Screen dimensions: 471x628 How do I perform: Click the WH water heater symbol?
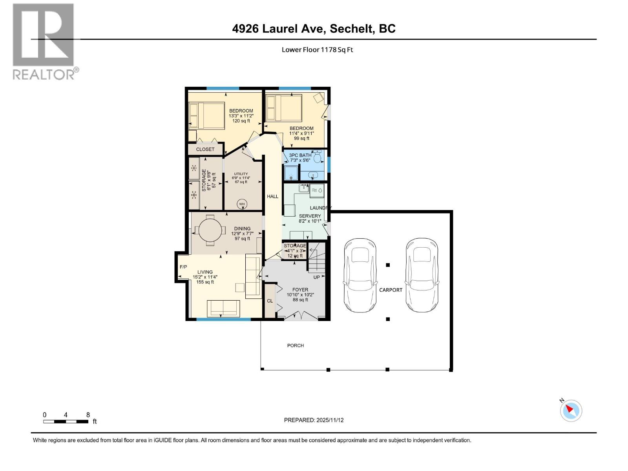242,204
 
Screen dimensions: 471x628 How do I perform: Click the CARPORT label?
391,290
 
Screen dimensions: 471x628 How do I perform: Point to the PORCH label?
296,345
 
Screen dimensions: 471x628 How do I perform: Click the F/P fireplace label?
183,267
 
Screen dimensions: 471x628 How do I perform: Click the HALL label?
272,196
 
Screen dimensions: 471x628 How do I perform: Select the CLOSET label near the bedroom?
205,149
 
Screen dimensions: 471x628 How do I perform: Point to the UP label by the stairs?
316,277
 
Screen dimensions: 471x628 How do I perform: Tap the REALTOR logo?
44,41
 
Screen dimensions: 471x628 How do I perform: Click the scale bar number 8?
88,414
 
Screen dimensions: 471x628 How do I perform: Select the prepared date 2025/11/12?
329,420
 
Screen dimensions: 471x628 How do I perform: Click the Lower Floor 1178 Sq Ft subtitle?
317,49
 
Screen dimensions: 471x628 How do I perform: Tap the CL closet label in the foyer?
270,301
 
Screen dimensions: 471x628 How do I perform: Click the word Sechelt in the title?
351,29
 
